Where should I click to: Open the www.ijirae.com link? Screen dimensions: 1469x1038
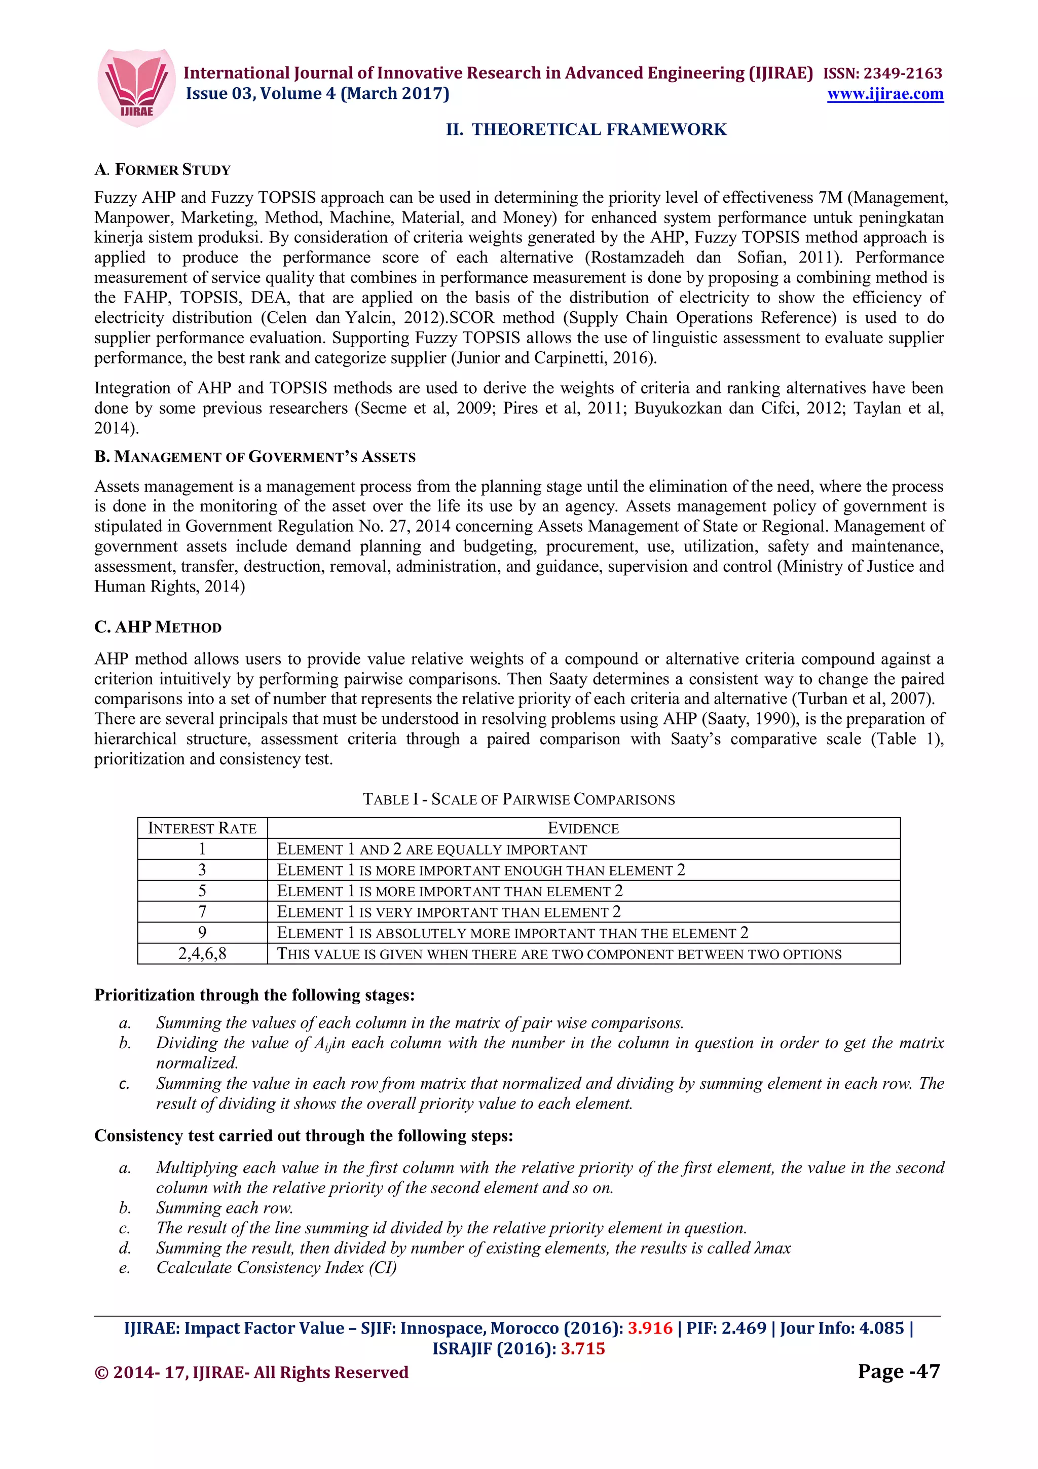click(884, 94)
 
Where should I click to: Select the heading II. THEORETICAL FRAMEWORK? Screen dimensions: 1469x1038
click(586, 129)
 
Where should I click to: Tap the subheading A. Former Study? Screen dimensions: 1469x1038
click(163, 169)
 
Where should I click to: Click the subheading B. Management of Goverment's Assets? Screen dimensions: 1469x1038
click(254, 457)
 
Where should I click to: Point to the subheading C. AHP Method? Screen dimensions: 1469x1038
click(158, 627)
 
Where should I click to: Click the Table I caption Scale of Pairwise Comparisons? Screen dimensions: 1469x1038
click(518, 799)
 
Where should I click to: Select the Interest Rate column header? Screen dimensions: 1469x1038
click(202, 828)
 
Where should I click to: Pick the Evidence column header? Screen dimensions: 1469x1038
click(583, 828)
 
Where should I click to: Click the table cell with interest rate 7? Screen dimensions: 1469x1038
click(202, 912)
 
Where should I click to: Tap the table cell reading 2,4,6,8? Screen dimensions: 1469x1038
click(202, 953)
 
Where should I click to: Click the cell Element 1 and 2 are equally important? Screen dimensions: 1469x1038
click(432, 849)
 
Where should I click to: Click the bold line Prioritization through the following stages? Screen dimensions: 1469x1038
click(254, 995)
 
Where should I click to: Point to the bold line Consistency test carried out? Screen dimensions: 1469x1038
click(303, 1135)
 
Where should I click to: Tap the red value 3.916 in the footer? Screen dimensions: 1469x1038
click(650, 1328)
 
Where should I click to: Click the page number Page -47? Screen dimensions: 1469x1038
click(899, 1371)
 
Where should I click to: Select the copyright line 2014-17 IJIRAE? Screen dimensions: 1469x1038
click(251, 1372)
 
